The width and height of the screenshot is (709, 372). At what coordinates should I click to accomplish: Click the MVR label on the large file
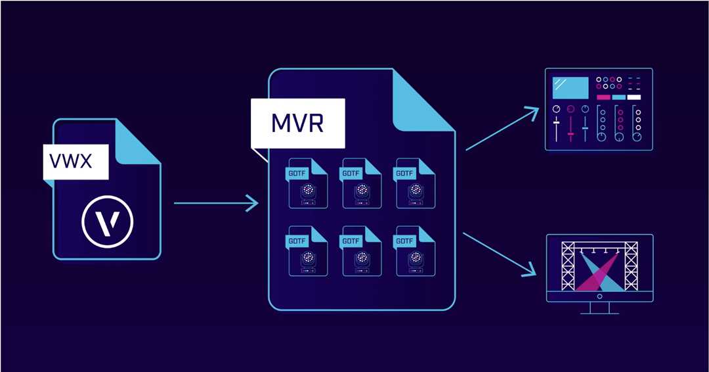click(x=297, y=123)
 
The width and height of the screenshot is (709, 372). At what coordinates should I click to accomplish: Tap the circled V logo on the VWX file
click(x=107, y=222)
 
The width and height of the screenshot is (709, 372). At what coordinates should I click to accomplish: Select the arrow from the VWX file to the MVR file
click(x=217, y=203)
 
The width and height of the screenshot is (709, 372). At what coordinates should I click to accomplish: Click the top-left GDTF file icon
click(x=307, y=183)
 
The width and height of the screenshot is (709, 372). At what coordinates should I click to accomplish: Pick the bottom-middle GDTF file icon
click(x=361, y=251)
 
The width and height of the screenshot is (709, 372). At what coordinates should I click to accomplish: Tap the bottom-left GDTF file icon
click(x=307, y=251)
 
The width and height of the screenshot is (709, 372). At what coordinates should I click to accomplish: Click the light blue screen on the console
click(x=570, y=86)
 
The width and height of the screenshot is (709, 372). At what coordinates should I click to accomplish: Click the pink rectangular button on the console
click(x=603, y=97)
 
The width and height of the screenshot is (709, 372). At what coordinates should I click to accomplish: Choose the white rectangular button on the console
click(x=634, y=97)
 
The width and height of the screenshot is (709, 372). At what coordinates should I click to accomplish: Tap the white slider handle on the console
click(x=556, y=123)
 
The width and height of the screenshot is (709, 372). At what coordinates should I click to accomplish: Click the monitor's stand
click(x=599, y=308)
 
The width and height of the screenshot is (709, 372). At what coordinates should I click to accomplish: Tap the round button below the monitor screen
click(x=599, y=296)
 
